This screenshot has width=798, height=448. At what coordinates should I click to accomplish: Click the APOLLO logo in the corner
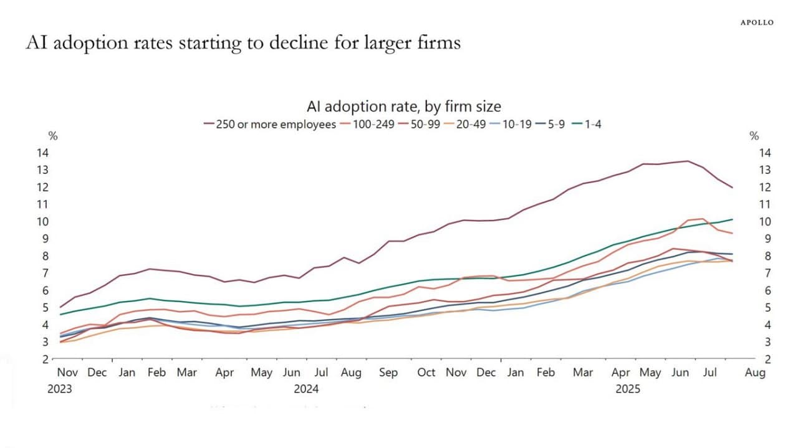pyautogui.click(x=757, y=22)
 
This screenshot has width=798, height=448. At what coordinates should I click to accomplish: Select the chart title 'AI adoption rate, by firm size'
pyautogui.click(x=403, y=107)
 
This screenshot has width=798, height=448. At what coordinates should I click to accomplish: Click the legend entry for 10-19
pyautogui.click(x=513, y=124)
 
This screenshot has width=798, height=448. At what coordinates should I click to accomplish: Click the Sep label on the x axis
pyautogui.click(x=388, y=373)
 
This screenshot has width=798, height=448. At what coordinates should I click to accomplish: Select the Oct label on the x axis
pyautogui.click(x=426, y=373)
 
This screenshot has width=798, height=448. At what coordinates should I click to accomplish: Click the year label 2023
pyautogui.click(x=59, y=389)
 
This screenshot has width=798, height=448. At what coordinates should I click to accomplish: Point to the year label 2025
pyautogui.click(x=628, y=389)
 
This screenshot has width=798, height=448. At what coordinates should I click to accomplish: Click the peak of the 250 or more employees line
pyautogui.click(x=688, y=161)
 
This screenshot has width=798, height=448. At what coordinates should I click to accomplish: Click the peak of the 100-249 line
pyautogui.click(x=703, y=219)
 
